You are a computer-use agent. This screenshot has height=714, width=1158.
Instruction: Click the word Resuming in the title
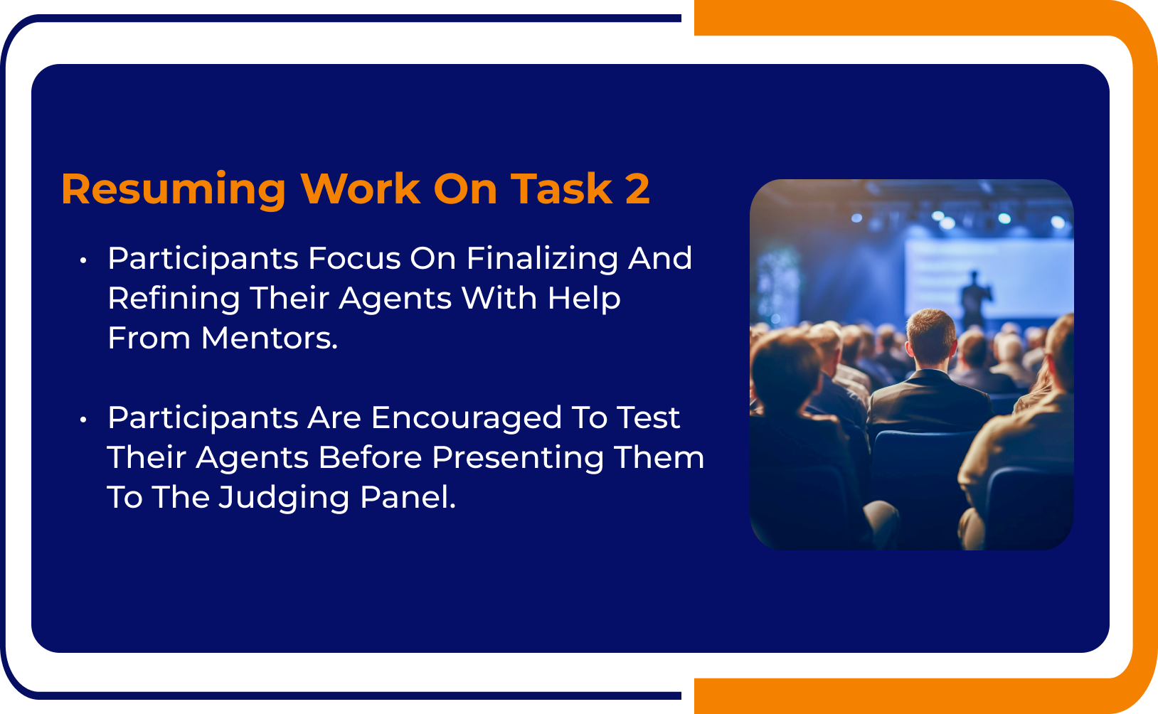173,190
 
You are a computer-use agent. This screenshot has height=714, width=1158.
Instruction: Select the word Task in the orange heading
561,188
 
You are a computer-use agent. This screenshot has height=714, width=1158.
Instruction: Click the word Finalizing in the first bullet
542,260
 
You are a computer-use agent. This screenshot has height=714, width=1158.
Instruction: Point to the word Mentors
269,338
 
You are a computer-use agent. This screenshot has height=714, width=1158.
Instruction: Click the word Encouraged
466,419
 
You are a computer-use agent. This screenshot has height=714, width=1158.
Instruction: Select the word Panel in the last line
408,497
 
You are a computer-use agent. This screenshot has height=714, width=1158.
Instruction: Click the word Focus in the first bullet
354,259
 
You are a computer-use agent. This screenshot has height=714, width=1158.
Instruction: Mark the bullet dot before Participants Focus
83,260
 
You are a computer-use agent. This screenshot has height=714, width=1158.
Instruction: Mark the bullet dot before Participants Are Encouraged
83,420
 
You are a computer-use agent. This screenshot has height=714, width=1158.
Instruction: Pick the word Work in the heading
361,188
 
